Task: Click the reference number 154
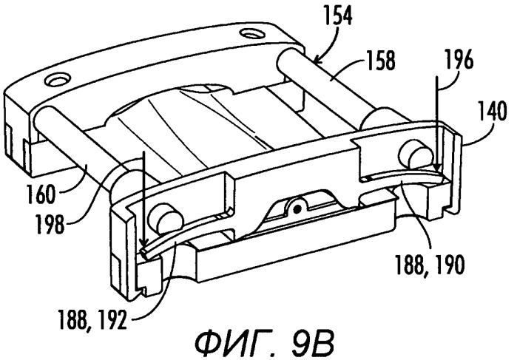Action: click(337, 16)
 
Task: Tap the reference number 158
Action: click(380, 61)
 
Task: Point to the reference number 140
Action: click(493, 111)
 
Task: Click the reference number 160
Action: click(40, 194)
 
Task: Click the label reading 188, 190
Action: click(430, 265)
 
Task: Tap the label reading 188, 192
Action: click(92, 320)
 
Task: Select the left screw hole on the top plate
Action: click(58, 81)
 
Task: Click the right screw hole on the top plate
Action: click(252, 33)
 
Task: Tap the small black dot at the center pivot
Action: click(297, 208)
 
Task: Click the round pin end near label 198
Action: click(166, 218)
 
